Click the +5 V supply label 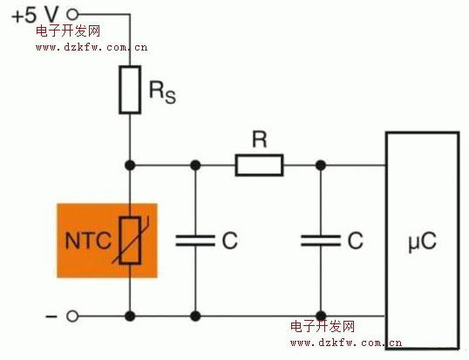click(35, 15)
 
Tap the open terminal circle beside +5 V click(72, 14)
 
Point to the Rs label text click(162, 92)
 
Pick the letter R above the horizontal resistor click(259, 139)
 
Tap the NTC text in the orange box click(88, 241)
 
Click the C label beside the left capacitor click(230, 241)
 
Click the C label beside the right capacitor click(356, 241)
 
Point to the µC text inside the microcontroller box click(422, 241)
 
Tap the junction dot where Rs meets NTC click(130, 165)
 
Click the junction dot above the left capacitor click(195, 165)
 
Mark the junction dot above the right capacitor click(321, 165)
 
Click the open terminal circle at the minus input click(72, 316)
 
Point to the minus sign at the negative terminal click(51, 316)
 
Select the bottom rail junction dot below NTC click(130, 316)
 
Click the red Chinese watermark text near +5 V click(68, 31)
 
